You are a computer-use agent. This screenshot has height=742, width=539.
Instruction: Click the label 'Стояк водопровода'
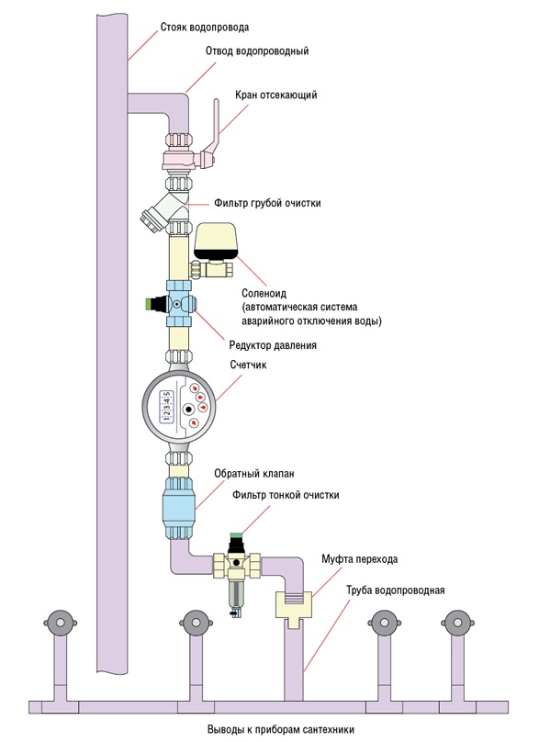[205, 28]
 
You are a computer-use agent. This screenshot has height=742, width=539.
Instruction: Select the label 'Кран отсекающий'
[275, 96]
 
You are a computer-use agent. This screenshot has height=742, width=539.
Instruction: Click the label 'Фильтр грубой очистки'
[267, 203]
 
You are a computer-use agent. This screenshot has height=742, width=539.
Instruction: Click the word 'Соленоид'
[264, 293]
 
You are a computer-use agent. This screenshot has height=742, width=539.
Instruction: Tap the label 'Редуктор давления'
[273, 345]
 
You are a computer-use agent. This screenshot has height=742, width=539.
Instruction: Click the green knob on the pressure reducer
[152, 304]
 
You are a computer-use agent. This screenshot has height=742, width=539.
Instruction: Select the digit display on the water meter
[166, 406]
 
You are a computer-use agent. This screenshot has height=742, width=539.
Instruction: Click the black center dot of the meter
[189, 408]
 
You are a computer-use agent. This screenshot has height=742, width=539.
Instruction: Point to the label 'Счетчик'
[249, 365]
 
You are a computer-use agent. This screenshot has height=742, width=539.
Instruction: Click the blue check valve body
[179, 509]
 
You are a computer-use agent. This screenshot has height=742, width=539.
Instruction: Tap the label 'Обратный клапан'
[254, 473]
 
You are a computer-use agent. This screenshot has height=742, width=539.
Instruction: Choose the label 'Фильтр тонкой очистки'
[286, 495]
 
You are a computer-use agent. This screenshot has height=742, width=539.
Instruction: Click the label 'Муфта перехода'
[360, 559]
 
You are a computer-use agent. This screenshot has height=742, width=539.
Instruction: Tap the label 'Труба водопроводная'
[396, 590]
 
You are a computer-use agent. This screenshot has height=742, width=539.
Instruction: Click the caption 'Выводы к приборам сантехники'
[281, 729]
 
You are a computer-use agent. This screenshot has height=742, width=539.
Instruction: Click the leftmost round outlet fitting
[60, 623]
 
